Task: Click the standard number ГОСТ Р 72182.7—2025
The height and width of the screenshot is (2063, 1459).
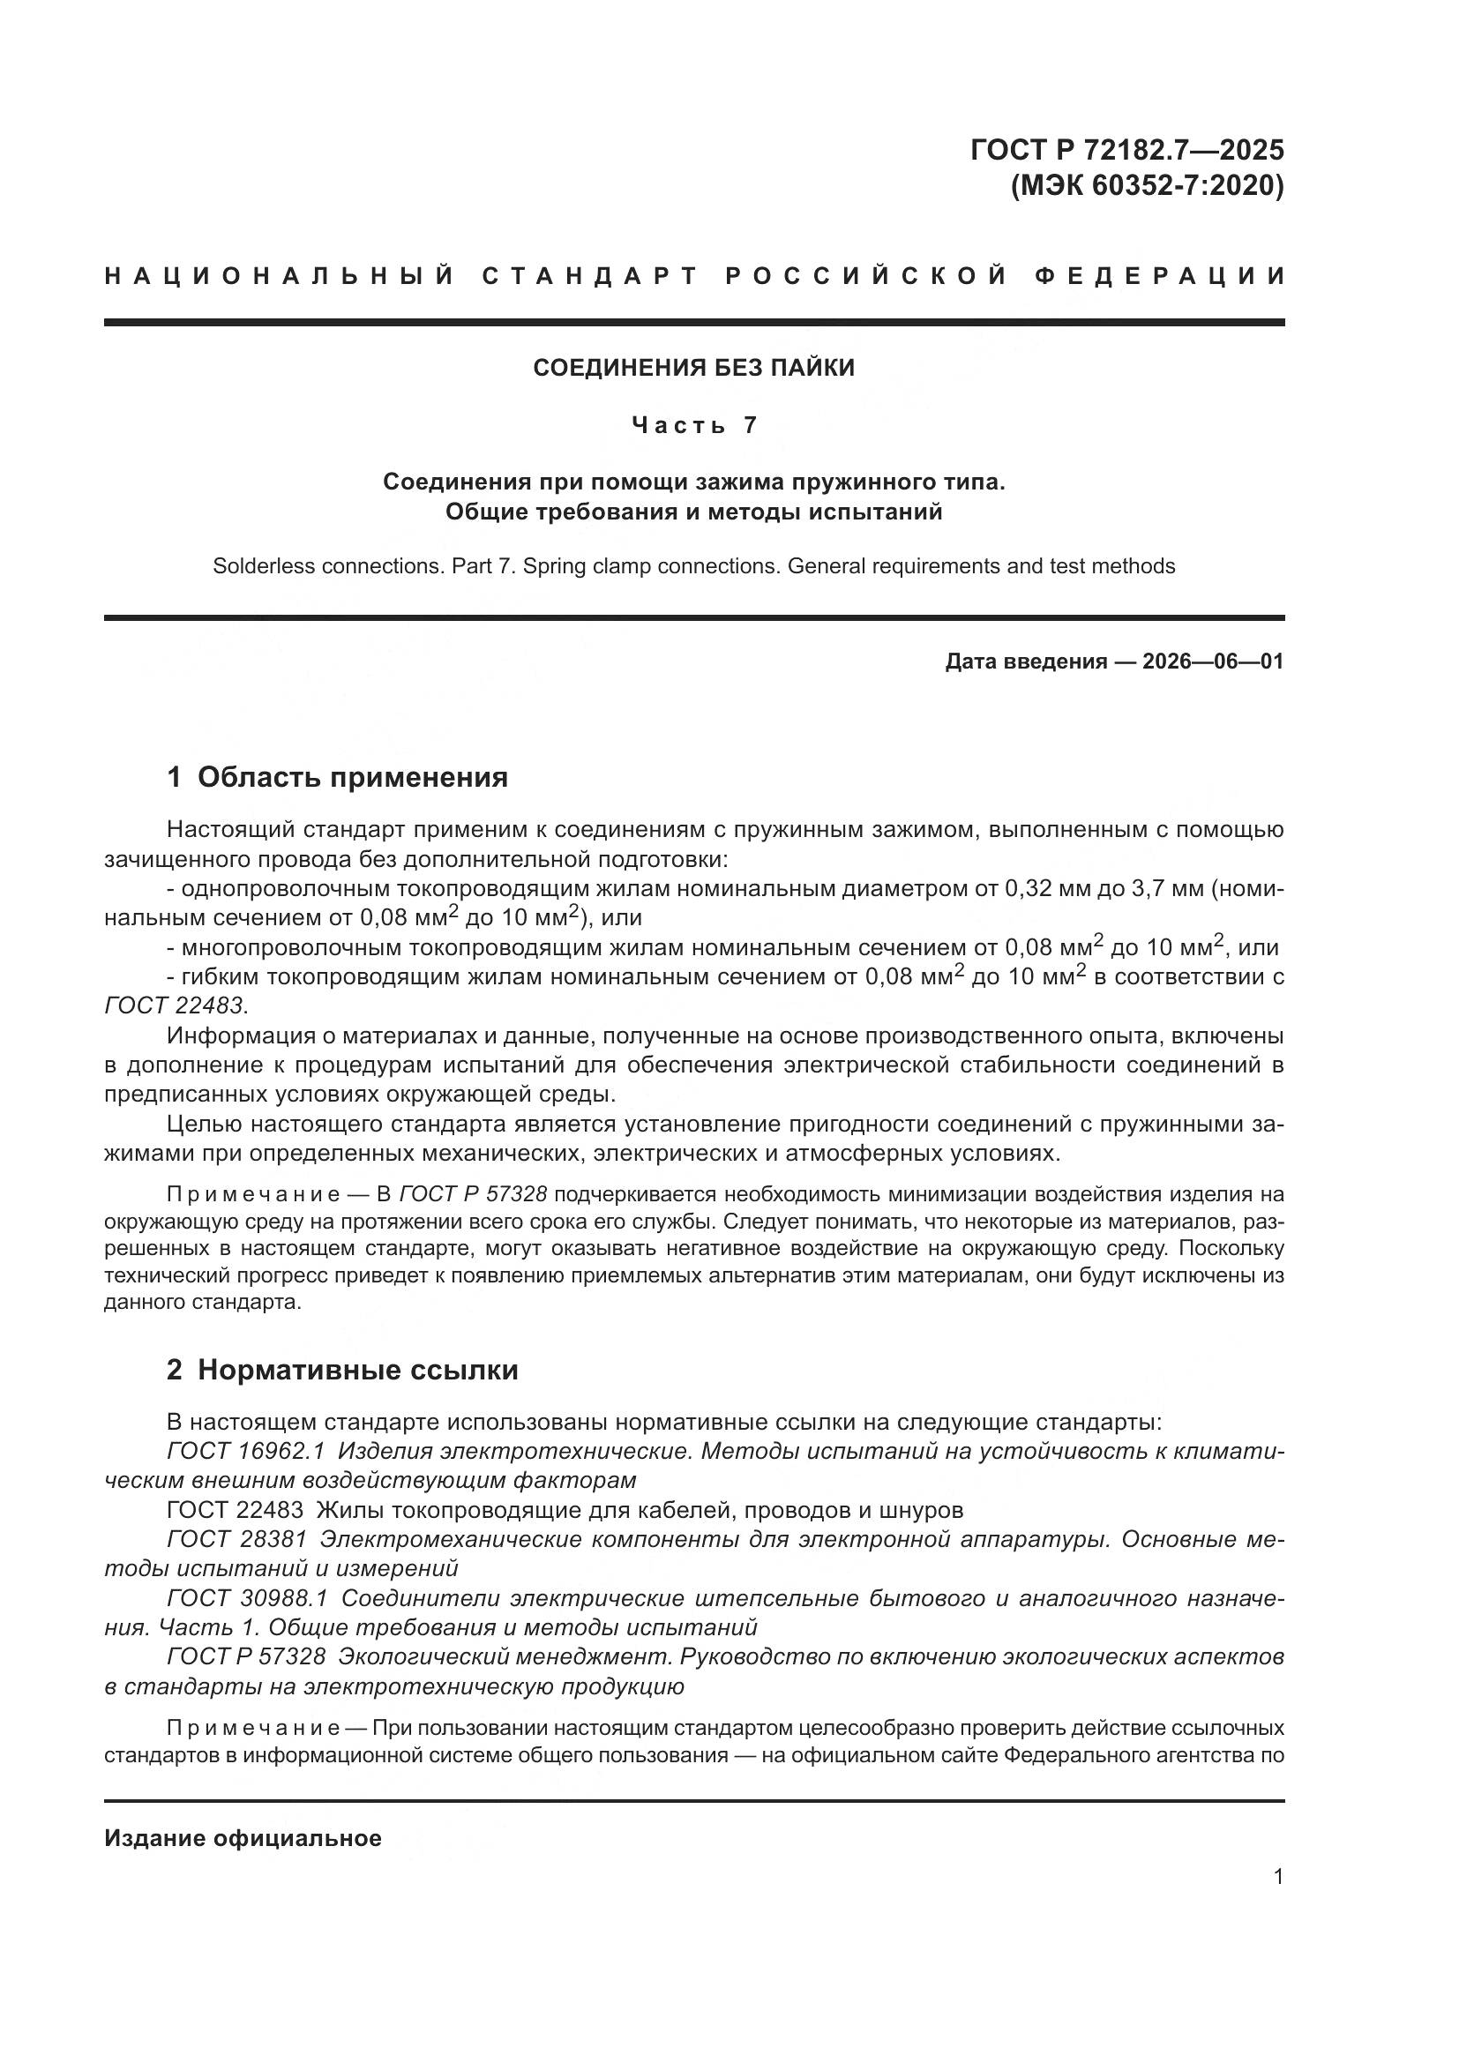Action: (x=1126, y=149)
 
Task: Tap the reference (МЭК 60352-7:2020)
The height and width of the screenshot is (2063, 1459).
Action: (x=1148, y=186)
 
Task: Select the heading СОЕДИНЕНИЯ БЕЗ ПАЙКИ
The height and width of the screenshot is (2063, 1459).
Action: (x=693, y=368)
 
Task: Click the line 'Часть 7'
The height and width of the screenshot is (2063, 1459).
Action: (x=693, y=425)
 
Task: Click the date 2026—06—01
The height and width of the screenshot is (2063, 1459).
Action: (x=1212, y=662)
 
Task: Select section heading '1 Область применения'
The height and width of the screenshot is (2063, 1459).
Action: (x=337, y=777)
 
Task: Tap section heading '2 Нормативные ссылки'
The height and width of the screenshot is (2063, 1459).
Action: (x=342, y=1371)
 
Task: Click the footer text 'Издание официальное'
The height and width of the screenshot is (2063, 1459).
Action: (x=243, y=1838)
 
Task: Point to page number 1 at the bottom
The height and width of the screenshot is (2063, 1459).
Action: (x=1277, y=1877)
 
